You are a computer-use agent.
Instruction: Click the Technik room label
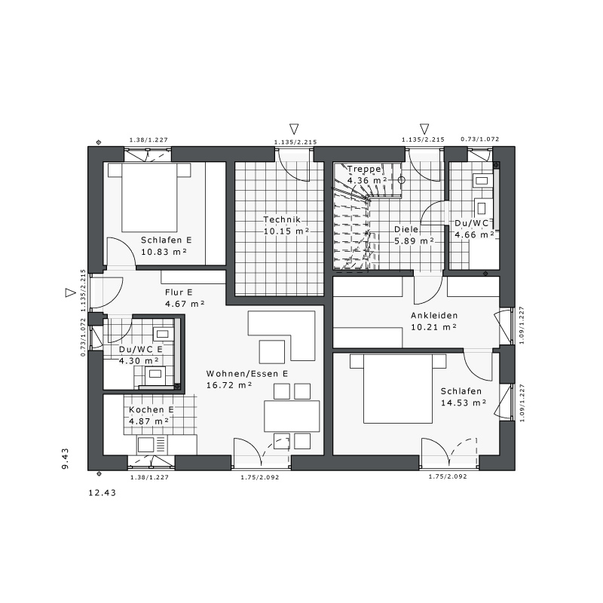tap(282, 219)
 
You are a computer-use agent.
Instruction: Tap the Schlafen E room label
tap(166, 240)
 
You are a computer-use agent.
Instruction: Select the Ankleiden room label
tap(434, 315)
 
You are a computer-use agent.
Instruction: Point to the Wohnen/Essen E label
tap(247, 373)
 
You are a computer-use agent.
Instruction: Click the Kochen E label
tap(152, 409)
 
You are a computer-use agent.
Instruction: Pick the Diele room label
tap(406, 229)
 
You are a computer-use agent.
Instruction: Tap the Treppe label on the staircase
tap(364, 169)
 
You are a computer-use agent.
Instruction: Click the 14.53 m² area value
tap(464, 403)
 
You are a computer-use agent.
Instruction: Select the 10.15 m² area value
tap(286, 231)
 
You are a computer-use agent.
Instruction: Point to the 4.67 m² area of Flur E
tap(185, 304)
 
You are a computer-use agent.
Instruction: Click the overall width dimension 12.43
tap(103, 493)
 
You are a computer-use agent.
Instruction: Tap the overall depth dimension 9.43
tap(65, 458)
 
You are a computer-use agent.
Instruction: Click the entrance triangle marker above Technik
tap(294, 128)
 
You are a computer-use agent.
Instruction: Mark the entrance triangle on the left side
tap(70, 292)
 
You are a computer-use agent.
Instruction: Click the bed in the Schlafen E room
tap(149, 197)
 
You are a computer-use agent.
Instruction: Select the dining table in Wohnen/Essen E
tap(292, 416)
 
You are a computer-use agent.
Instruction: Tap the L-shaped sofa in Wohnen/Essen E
tap(281, 335)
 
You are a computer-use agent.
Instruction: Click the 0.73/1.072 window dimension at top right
tap(480, 139)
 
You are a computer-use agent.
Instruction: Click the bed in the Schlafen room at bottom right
tap(398, 388)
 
